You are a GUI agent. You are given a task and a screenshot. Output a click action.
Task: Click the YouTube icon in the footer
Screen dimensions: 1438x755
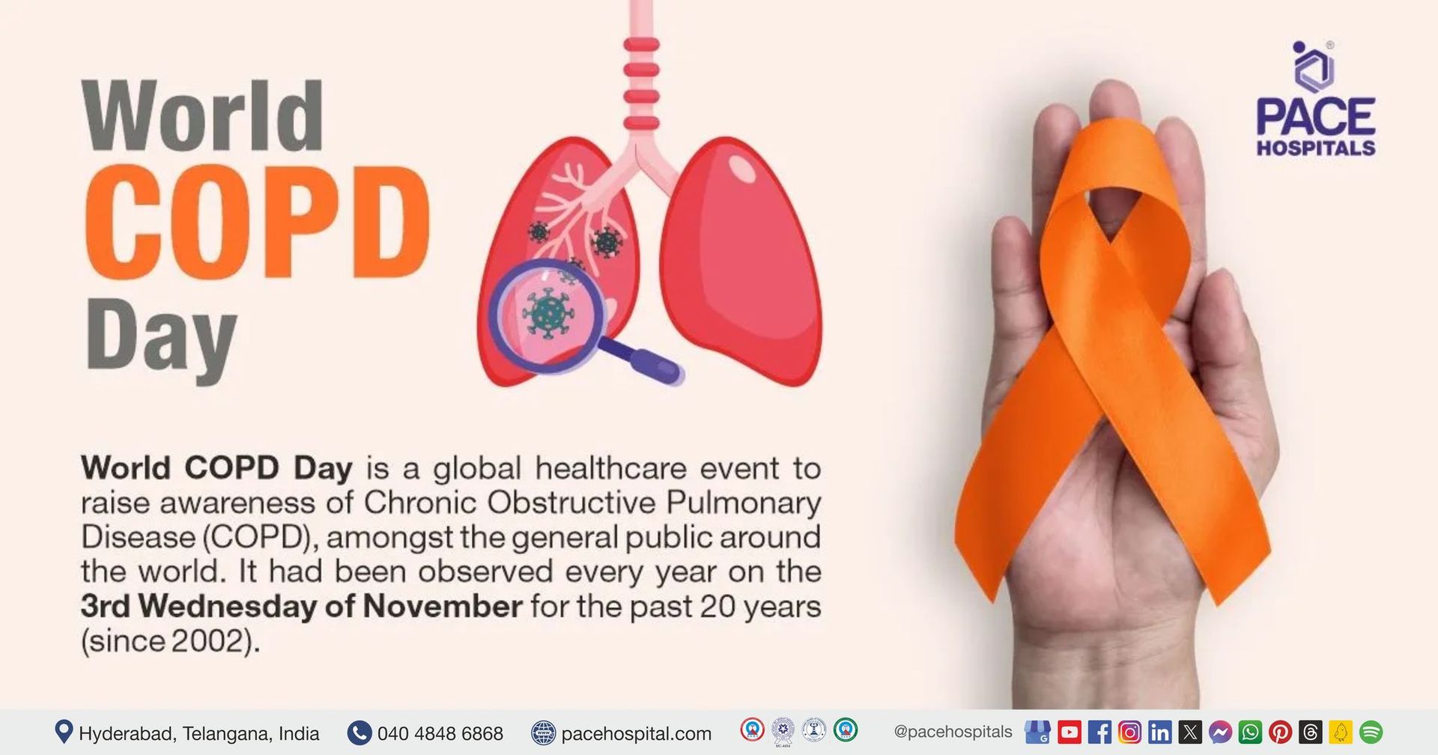pos(1070,732)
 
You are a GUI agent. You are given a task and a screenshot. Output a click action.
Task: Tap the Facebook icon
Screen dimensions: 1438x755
pos(1099,732)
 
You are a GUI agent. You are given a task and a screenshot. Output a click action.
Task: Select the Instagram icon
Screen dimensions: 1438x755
pos(1129,732)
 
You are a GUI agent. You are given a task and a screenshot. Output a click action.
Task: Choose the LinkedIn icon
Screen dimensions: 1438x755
pos(1159,732)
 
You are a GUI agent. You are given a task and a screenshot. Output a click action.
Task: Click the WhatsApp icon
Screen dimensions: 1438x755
pos(1250,732)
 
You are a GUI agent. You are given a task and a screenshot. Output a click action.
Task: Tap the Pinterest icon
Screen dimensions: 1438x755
pos(1280,732)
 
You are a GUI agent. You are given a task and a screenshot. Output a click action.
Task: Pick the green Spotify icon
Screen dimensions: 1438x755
pos(1371,732)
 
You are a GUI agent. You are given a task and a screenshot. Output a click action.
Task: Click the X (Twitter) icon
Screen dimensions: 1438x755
pos(1189,732)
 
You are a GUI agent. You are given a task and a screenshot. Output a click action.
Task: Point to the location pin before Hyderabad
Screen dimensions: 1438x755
pos(64,732)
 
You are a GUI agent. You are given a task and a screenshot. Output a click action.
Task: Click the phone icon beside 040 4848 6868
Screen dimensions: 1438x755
pos(359,733)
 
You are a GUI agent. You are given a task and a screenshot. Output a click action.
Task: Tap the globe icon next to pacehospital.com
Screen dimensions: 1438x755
pos(544,733)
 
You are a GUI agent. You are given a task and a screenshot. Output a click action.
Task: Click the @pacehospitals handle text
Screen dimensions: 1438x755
pos(953,732)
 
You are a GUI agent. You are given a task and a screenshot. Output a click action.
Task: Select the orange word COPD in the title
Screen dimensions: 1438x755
pos(258,222)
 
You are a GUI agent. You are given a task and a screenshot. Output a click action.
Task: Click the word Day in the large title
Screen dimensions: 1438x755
pos(162,339)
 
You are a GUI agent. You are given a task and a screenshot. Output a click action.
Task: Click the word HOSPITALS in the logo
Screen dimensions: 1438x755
pos(1316,148)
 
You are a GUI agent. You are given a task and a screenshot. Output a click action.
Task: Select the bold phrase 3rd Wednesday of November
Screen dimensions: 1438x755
pos(301,606)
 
